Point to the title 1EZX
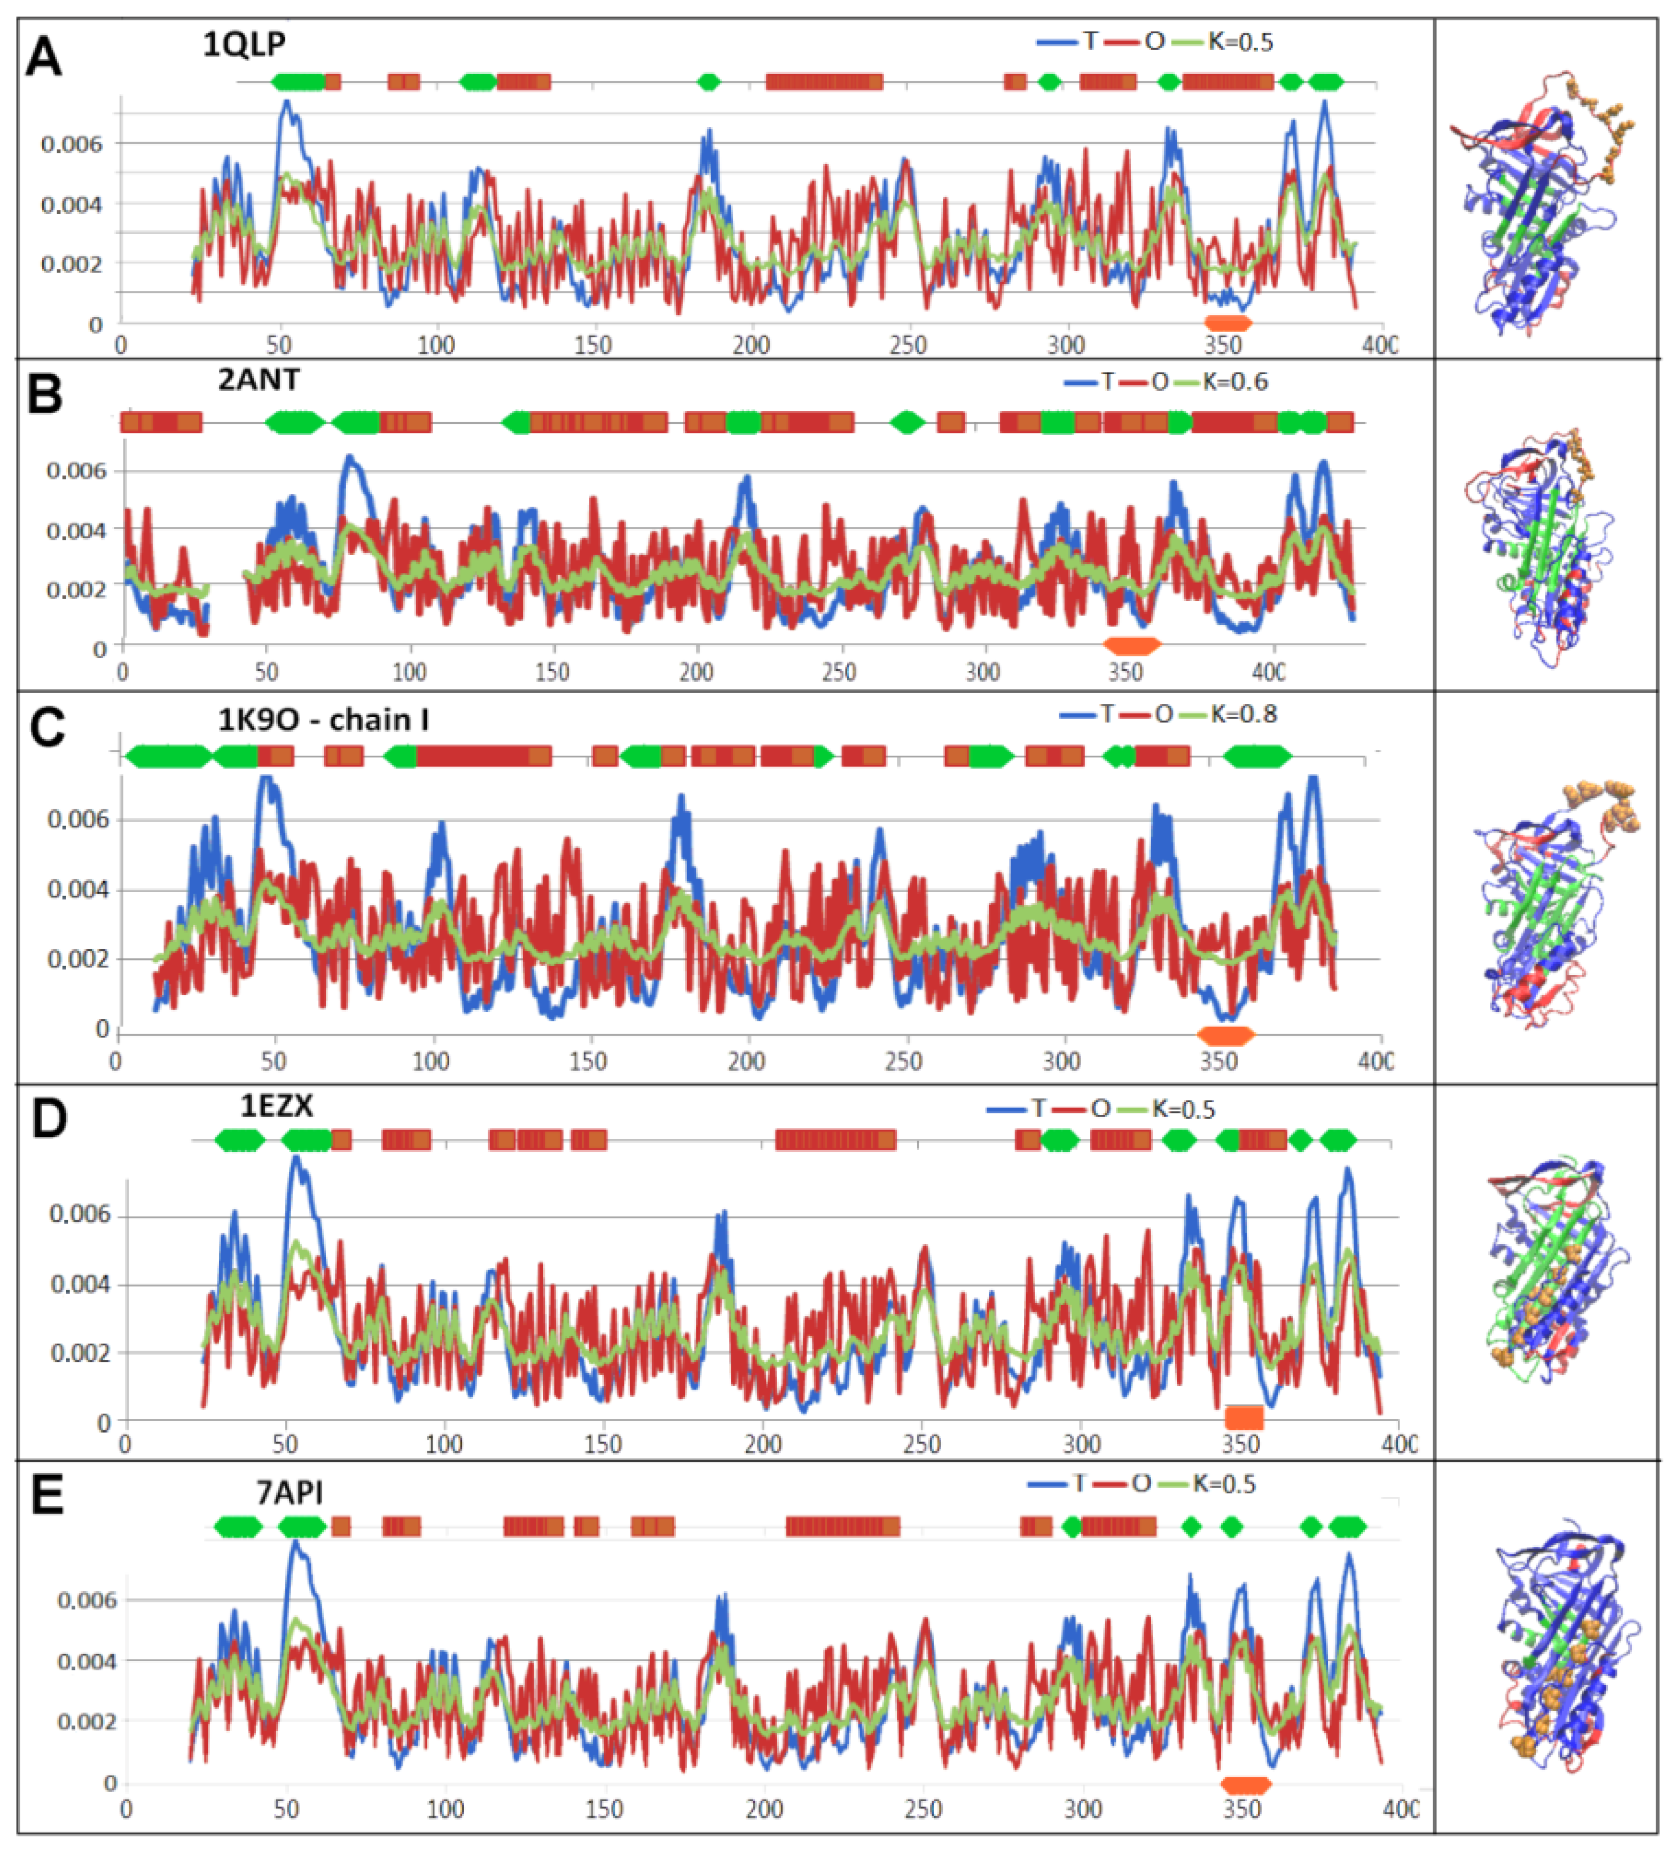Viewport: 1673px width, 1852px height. (x=276, y=1106)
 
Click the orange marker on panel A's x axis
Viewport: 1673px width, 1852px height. (x=1228, y=322)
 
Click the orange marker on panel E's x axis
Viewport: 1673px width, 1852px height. (x=1245, y=1785)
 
